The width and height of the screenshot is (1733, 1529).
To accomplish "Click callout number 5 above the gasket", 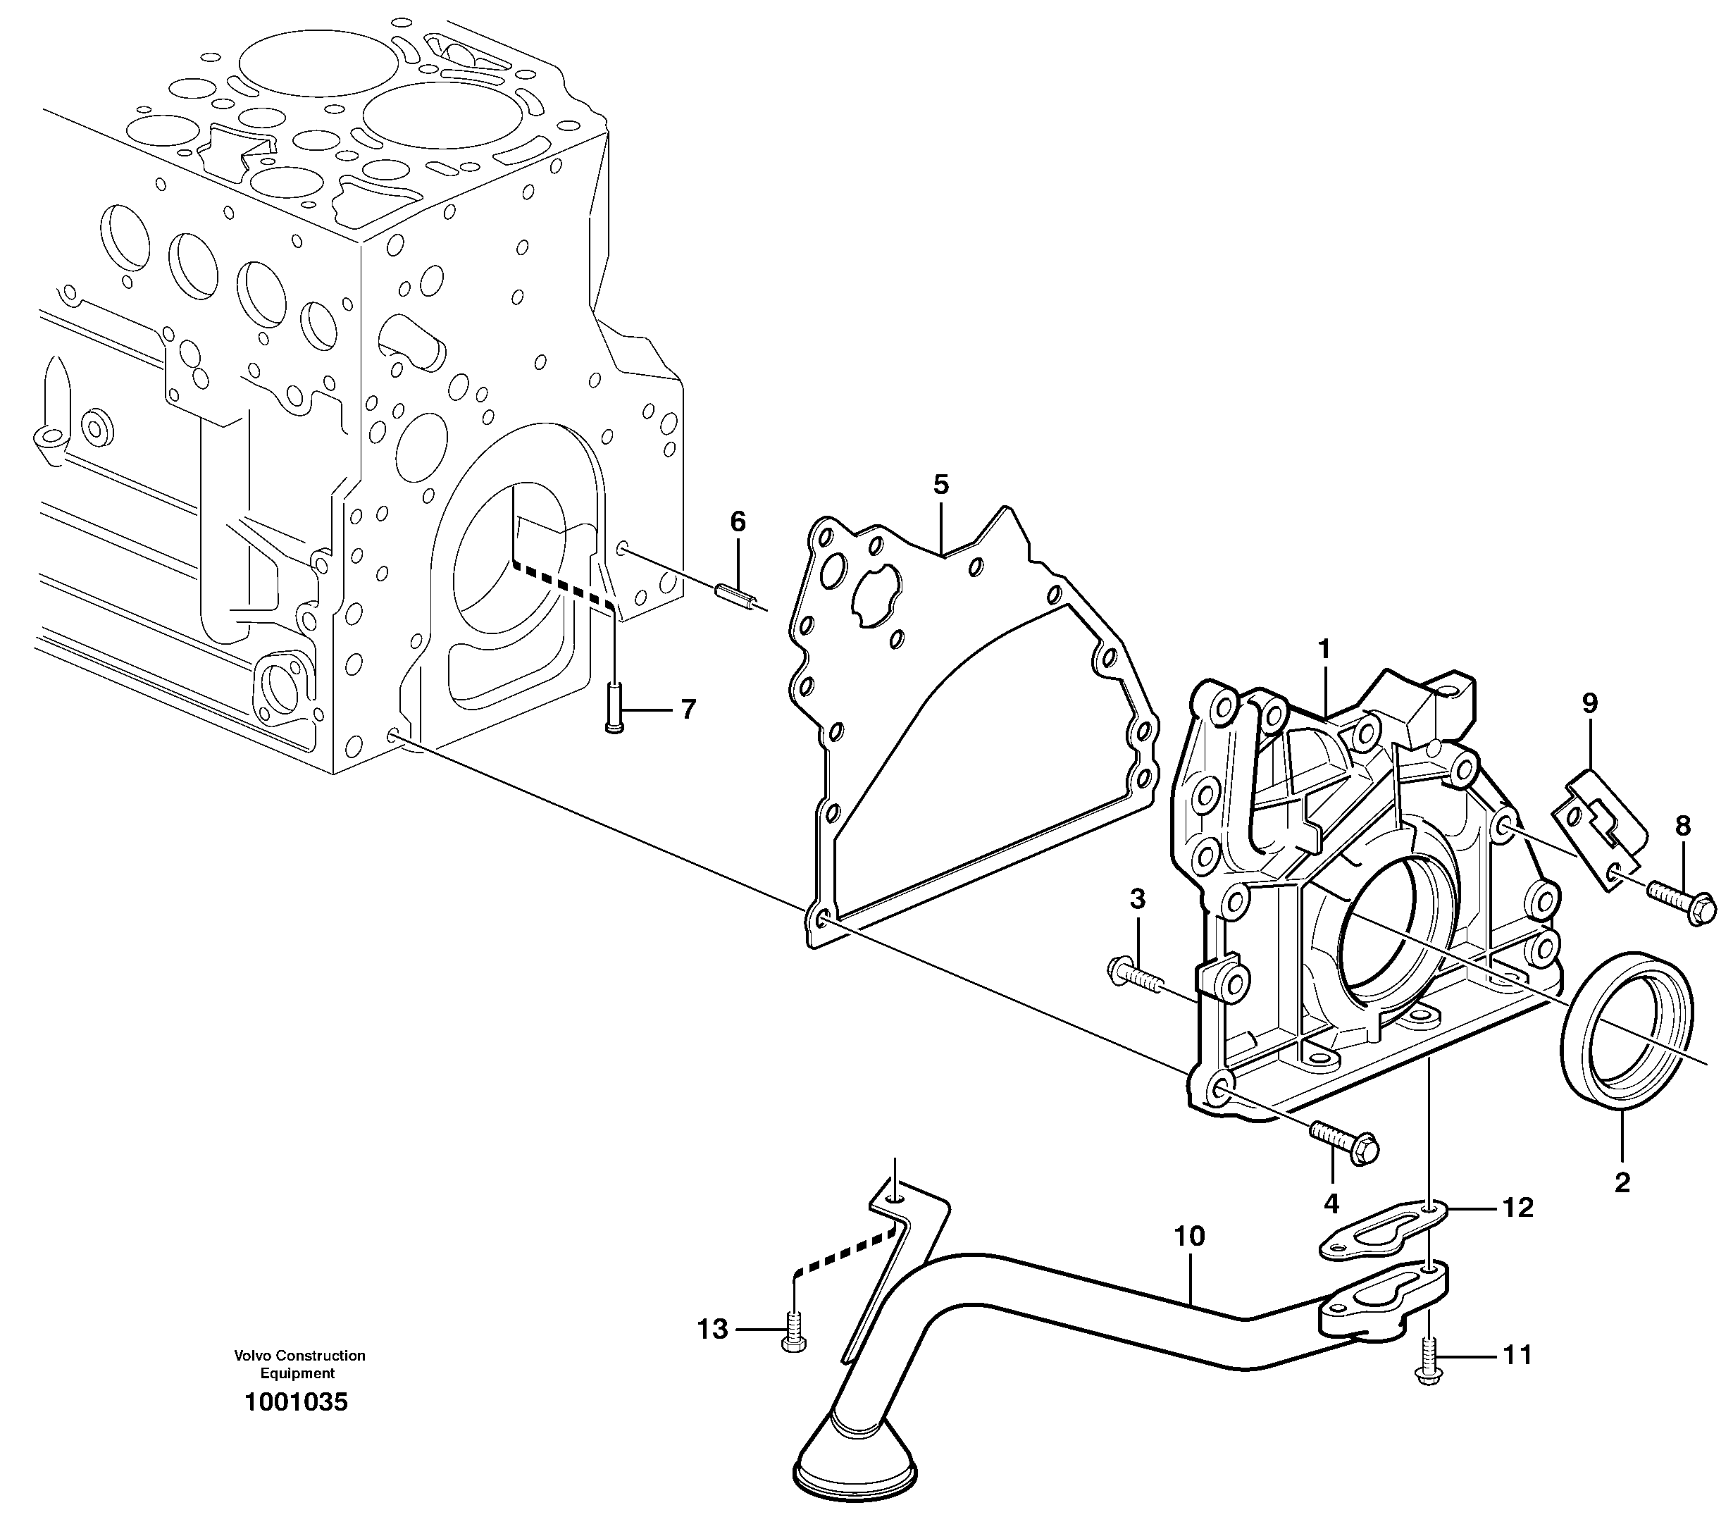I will coord(940,485).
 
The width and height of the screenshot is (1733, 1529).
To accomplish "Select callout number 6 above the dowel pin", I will coord(738,521).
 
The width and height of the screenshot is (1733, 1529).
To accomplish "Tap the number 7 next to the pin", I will coord(688,709).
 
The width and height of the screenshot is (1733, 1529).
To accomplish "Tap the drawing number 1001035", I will coord(296,1403).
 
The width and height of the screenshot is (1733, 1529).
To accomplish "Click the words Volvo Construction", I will coord(299,1356).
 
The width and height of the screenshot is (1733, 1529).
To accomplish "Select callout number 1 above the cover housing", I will coord(1324,649).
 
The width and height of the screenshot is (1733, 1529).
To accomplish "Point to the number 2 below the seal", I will coord(1622,1182).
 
